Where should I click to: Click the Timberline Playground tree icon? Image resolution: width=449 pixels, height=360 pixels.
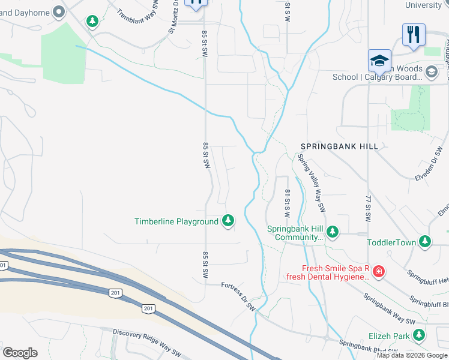tap(228, 221)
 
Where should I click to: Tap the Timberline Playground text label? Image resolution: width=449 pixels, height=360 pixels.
tap(176, 221)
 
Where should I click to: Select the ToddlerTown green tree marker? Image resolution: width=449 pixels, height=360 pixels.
tap(425, 242)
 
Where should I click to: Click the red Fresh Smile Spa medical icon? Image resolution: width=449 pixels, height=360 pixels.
tap(378, 272)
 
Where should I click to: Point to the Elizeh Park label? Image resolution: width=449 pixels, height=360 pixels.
tap(388, 336)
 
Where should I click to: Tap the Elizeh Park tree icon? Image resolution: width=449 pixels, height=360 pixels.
tap(418, 335)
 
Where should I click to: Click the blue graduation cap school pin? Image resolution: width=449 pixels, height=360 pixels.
tap(379, 61)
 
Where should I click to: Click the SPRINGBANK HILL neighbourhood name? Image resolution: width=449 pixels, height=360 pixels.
tap(340, 146)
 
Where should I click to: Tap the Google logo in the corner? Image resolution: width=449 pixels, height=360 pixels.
tap(20, 352)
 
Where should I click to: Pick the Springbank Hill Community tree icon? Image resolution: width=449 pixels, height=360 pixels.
tap(333, 232)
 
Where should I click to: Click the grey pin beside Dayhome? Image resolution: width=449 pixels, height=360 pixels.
tap(59, 11)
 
